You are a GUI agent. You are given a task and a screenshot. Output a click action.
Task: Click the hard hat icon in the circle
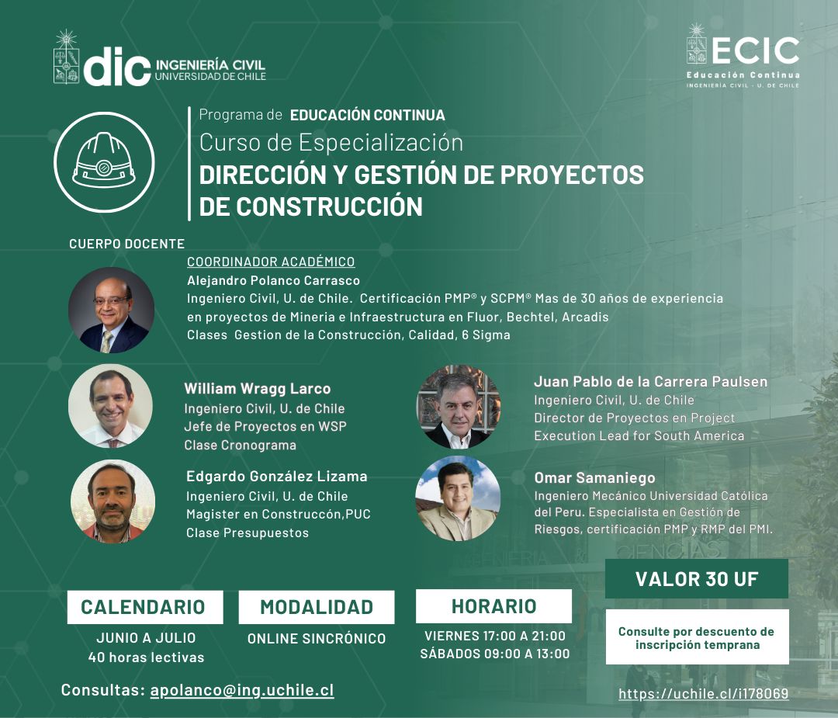click(104, 161)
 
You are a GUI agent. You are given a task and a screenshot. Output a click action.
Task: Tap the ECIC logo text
click(755, 50)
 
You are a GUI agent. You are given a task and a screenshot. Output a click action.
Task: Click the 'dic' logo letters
click(117, 66)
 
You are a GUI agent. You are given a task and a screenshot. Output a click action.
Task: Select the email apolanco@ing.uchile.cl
click(242, 689)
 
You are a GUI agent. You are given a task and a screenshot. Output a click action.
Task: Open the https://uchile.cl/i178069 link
click(703, 693)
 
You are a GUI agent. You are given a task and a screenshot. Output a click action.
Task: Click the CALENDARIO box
click(145, 607)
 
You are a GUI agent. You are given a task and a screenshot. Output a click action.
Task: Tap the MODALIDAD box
click(317, 607)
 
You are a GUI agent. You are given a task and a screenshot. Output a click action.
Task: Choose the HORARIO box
click(493, 605)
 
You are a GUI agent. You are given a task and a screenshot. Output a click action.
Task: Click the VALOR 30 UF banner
click(696, 578)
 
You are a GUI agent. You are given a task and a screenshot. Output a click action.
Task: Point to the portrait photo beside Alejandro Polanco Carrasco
click(111, 310)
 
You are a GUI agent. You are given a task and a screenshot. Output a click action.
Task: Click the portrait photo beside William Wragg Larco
click(111, 406)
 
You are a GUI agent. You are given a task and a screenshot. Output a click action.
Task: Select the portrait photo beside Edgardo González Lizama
click(113, 501)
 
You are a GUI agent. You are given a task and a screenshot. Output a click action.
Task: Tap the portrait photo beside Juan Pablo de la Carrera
click(459, 407)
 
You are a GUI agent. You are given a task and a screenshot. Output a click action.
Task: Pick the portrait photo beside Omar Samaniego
click(458, 498)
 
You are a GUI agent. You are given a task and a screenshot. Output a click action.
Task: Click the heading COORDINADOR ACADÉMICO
click(271, 262)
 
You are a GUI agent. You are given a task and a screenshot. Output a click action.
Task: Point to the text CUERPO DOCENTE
click(126, 244)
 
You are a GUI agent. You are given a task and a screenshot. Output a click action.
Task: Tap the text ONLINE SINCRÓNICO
click(317, 638)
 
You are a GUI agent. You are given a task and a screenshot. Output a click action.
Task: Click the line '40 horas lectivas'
click(146, 657)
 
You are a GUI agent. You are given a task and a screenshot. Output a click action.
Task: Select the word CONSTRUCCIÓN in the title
click(329, 206)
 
